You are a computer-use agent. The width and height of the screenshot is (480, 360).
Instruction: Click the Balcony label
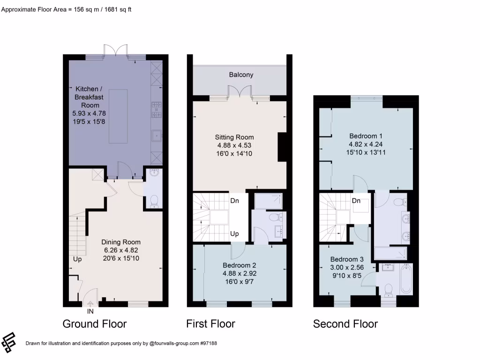[x=241, y=75]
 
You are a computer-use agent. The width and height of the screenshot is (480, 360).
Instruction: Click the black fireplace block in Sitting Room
[x=282, y=147]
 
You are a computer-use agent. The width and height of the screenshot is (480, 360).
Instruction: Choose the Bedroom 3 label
[x=347, y=259]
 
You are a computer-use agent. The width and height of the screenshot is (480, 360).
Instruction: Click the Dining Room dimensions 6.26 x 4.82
[x=121, y=250]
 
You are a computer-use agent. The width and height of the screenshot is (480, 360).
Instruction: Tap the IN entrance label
[x=90, y=311]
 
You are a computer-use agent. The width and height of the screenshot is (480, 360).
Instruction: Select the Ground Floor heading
[x=95, y=324]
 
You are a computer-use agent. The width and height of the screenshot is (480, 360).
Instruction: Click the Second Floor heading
[x=345, y=324]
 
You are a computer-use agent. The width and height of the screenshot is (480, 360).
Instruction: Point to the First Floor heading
[x=210, y=324]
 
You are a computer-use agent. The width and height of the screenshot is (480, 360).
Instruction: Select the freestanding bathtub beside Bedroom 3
[x=405, y=280]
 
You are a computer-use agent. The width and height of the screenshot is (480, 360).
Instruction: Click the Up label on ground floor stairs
[x=77, y=258]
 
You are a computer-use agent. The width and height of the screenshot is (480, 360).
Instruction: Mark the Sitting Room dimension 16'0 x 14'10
[x=234, y=153]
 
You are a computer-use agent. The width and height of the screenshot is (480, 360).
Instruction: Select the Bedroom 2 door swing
[x=238, y=251]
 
